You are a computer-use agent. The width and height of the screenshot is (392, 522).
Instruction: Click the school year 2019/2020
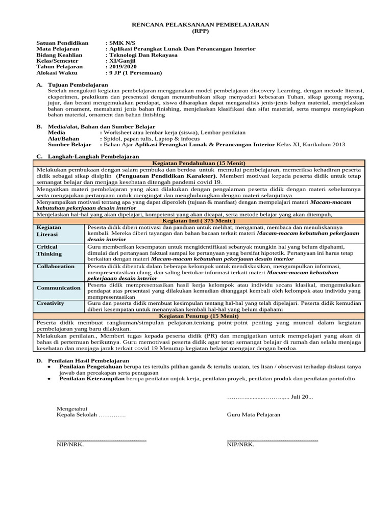pyautogui.click(x=122, y=66)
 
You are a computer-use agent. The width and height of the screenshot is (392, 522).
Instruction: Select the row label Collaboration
pyautogui.click(x=56, y=266)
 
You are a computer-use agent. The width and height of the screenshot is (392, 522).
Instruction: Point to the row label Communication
pyautogui.click(x=58, y=288)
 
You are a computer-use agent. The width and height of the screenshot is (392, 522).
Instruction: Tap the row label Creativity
pyautogui.click(x=51, y=303)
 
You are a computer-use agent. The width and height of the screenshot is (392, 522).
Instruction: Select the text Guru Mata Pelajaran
pyautogui.click(x=254, y=414)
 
